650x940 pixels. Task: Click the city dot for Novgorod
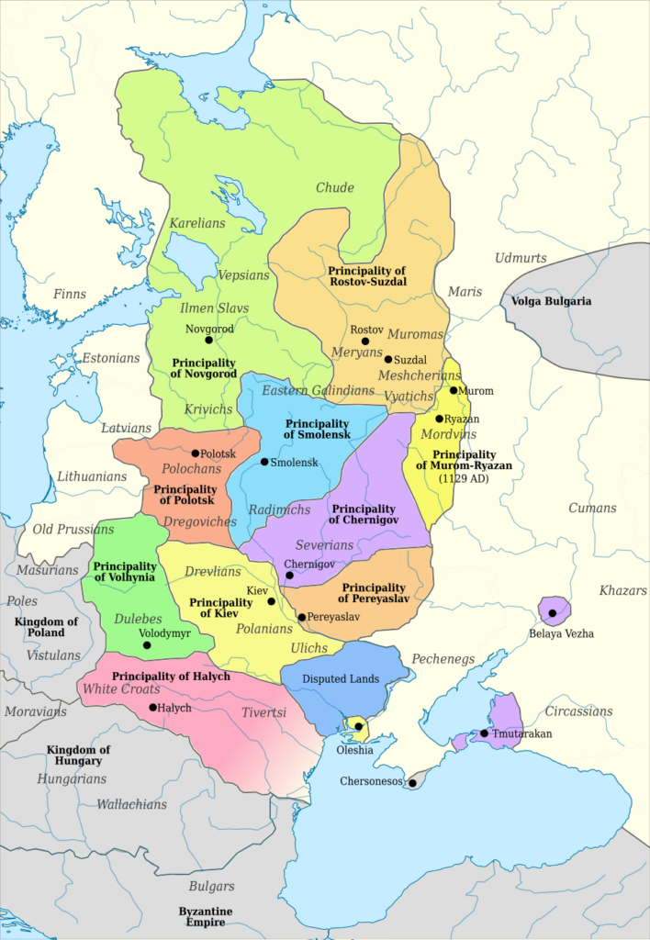coord(209,341)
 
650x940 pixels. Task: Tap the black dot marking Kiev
coord(271,601)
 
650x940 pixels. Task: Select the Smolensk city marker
coord(264,462)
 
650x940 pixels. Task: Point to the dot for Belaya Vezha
coord(553,612)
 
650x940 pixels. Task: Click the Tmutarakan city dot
coord(484,733)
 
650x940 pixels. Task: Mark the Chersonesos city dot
coord(413,783)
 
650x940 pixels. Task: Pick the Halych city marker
coord(152,707)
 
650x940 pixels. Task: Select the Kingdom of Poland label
coord(46,627)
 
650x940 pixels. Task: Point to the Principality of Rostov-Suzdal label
coord(366,276)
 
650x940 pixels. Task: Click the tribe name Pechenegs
coord(443,658)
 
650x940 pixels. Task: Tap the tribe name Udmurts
coord(521,258)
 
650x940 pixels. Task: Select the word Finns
coord(70,294)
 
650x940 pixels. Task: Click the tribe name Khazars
coord(623,590)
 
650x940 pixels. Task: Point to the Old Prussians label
coord(73,529)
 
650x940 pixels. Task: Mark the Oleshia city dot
coord(358,726)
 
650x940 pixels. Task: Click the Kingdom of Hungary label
coord(78,755)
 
